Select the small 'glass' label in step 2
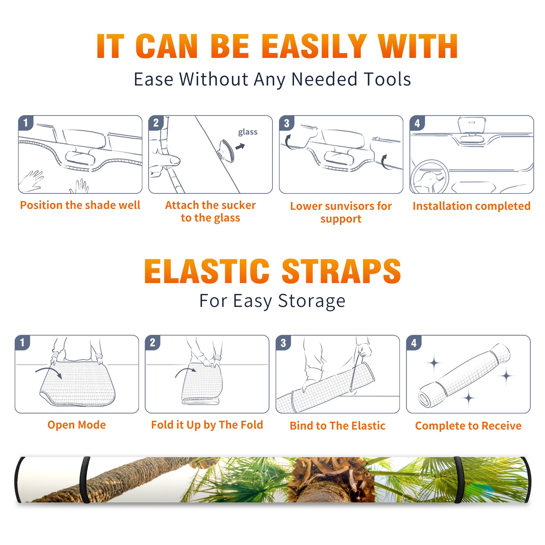tap(248, 132)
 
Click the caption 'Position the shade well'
tap(80, 205)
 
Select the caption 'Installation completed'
tap(471, 206)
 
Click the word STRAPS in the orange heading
tap(341, 271)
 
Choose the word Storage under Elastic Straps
tap(312, 301)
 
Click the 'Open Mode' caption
tap(77, 425)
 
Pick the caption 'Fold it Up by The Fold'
tap(207, 425)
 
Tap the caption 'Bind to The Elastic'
tap(338, 425)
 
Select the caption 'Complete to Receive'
tap(468, 426)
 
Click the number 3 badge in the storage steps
tap(283, 343)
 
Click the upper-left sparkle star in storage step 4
tap(434, 363)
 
